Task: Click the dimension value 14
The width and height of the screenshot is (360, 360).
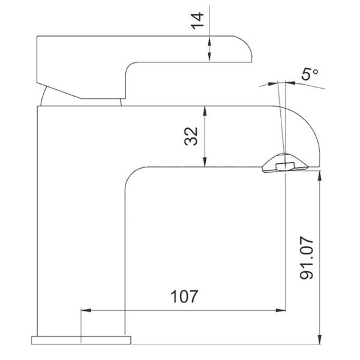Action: [x=197, y=21]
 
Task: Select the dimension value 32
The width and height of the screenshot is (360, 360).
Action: [x=191, y=136]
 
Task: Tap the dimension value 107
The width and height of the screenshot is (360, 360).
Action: [x=184, y=296]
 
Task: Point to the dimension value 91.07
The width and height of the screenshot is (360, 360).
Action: [x=307, y=258]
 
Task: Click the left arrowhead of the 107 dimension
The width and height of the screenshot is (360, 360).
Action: [x=86, y=310]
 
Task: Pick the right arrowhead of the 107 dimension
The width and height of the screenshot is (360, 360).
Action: [x=281, y=310]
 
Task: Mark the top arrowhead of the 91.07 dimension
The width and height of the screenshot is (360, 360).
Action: [x=319, y=176]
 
